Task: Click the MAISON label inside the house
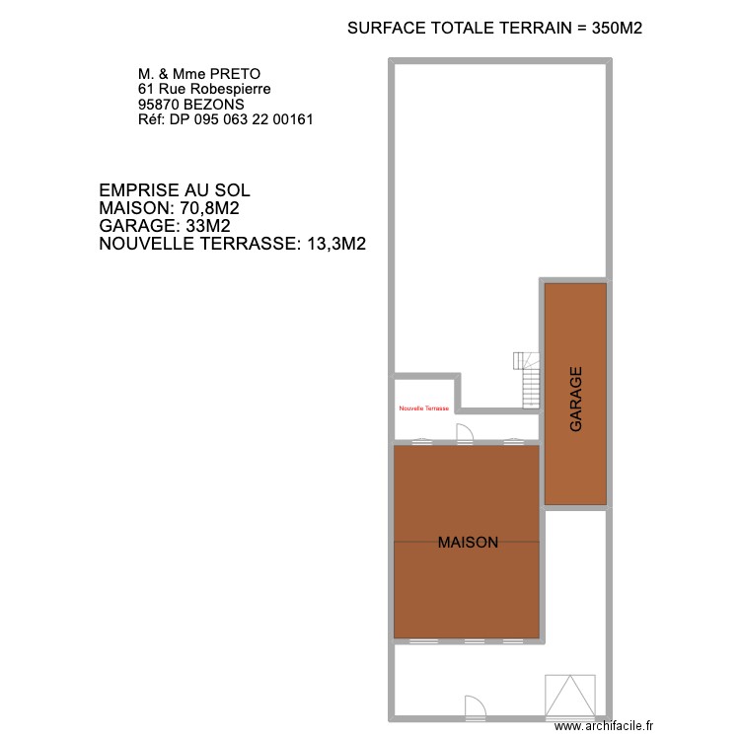pyautogui.click(x=468, y=542)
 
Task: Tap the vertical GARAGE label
pyautogui.click(x=576, y=399)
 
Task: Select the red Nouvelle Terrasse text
pyautogui.click(x=423, y=408)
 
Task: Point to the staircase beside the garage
pyautogui.click(x=529, y=380)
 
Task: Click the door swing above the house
pyautogui.click(x=466, y=433)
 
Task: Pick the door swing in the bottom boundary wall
pyautogui.click(x=476, y=705)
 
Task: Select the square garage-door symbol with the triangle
pyautogui.click(x=571, y=696)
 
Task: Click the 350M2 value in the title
pyautogui.click(x=618, y=29)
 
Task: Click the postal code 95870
pyautogui.click(x=158, y=104)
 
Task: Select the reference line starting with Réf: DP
pyautogui.click(x=226, y=119)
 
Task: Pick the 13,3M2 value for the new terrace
pyautogui.click(x=333, y=244)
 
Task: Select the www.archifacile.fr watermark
pyautogui.click(x=605, y=725)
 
